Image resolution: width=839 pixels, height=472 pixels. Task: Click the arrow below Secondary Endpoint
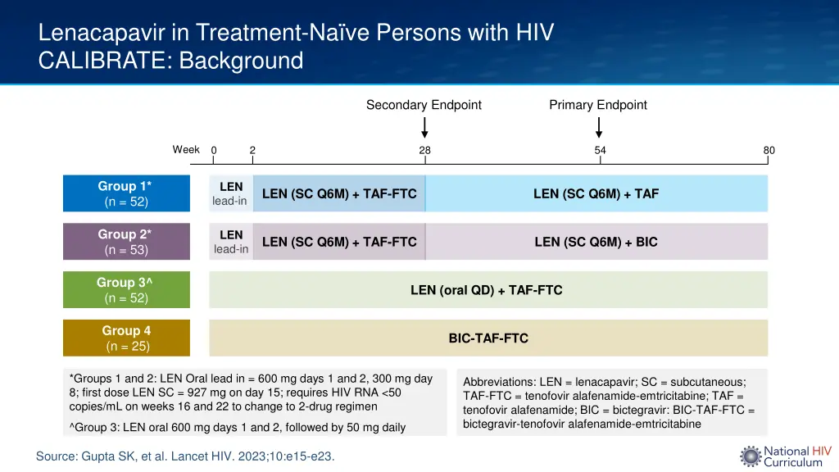pyautogui.click(x=424, y=128)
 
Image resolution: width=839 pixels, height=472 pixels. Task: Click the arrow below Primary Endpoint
pyautogui.click(x=599, y=128)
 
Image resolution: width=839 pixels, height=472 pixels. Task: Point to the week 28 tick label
pyautogui.click(x=424, y=150)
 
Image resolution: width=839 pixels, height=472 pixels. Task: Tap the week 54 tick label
pyautogui.click(x=601, y=150)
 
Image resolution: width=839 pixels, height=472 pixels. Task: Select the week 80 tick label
pyautogui.click(x=769, y=150)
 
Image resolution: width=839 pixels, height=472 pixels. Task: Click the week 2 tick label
pyautogui.click(x=252, y=150)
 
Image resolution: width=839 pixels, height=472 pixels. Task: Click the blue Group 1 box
pyautogui.click(x=126, y=193)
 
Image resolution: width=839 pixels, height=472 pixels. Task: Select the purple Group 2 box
pyautogui.click(x=126, y=242)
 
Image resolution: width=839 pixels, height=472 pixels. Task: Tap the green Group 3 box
pyautogui.click(x=126, y=290)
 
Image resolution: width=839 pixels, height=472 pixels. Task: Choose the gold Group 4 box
pyautogui.click(x=126, y=338)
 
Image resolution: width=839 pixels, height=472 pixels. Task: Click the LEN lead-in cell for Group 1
pyautogui.click(x=230, y=193)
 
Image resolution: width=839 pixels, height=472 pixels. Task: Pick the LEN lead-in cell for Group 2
pyautogui.click(x=230, y=242)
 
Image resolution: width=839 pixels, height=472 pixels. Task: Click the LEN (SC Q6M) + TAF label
pyautogui.click(x=596, y=194)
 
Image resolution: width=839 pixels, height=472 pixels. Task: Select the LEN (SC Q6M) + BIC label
pyautogui.click(x=596, y=242)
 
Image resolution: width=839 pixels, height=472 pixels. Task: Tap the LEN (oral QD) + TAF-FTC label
pyautogui.click(x=486, y=290)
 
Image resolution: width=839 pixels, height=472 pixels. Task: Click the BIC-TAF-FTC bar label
pyautogui.click(x=488, y=338)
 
